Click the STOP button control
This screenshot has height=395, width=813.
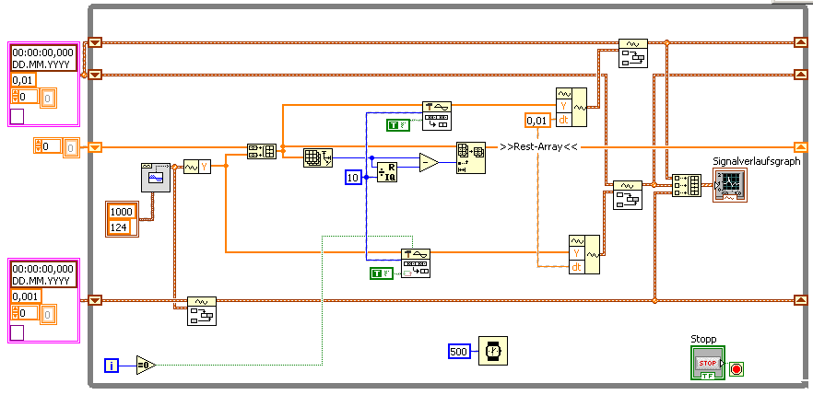click(708, 364)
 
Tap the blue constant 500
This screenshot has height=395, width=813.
click(460, 351)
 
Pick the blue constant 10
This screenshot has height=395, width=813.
click(354, 177)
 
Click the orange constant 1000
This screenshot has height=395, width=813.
click(122, 211)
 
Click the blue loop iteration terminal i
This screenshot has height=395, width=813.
click(112, 366)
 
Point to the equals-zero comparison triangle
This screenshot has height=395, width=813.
click(147, 366)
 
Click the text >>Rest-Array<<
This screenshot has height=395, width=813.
click(538, 146)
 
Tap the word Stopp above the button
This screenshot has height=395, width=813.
click(703, 339)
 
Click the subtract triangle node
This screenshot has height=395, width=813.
click(429, 163)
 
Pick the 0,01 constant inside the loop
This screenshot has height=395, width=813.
click(536, 121)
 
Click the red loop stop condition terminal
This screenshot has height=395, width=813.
click(736, 369)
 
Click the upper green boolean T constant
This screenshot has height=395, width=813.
click(397, 124)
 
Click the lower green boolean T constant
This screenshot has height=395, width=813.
click(380, 273)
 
